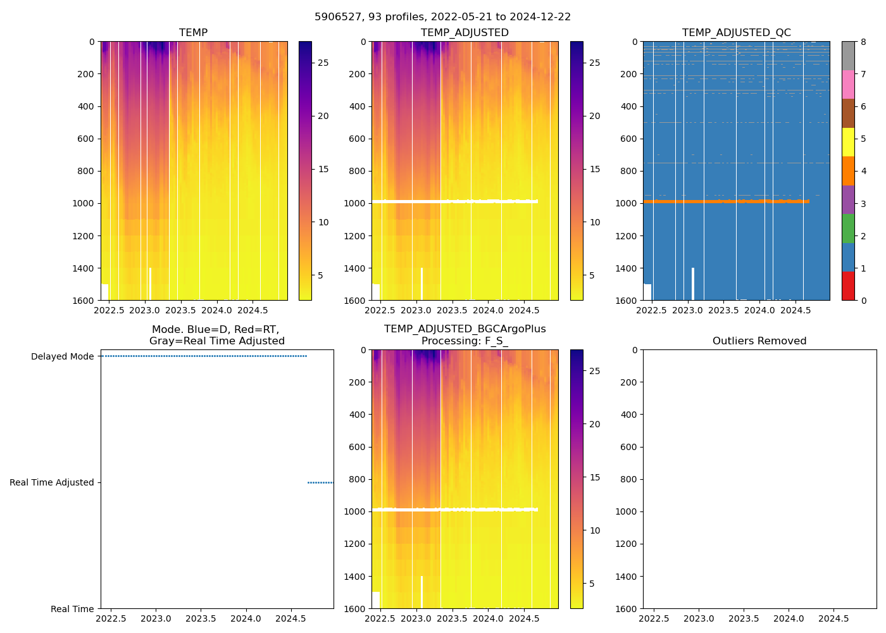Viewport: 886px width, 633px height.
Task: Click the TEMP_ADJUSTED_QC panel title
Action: tap(736, 32)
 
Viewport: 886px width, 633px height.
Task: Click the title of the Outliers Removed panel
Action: tap(759, 341)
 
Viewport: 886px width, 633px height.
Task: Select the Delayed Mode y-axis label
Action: tap(62, 356)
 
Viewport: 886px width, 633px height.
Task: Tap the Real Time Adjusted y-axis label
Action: tap(52, 482)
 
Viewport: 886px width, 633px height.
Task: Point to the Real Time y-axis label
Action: tap(72, 609)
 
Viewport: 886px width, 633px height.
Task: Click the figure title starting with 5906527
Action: tap(442, 16)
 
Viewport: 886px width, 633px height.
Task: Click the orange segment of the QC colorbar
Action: tap(848, 171)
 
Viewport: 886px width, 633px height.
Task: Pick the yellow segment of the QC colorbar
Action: tap(848, 142)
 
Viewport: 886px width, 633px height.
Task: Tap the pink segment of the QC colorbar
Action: tap(848, 85)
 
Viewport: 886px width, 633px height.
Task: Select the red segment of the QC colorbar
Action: tap(848, 285)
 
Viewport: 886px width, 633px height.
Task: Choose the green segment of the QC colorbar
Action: tap(848, 229)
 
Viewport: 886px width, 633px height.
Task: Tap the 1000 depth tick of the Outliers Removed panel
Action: tap(628, 511)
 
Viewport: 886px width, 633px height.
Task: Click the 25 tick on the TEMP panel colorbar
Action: tap(323, 63)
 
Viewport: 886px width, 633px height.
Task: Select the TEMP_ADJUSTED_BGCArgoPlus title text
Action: tap(465, 329)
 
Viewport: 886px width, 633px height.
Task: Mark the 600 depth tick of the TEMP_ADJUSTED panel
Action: tap(356, 139)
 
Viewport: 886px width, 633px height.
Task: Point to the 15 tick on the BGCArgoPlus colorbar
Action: tap(595, 477)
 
